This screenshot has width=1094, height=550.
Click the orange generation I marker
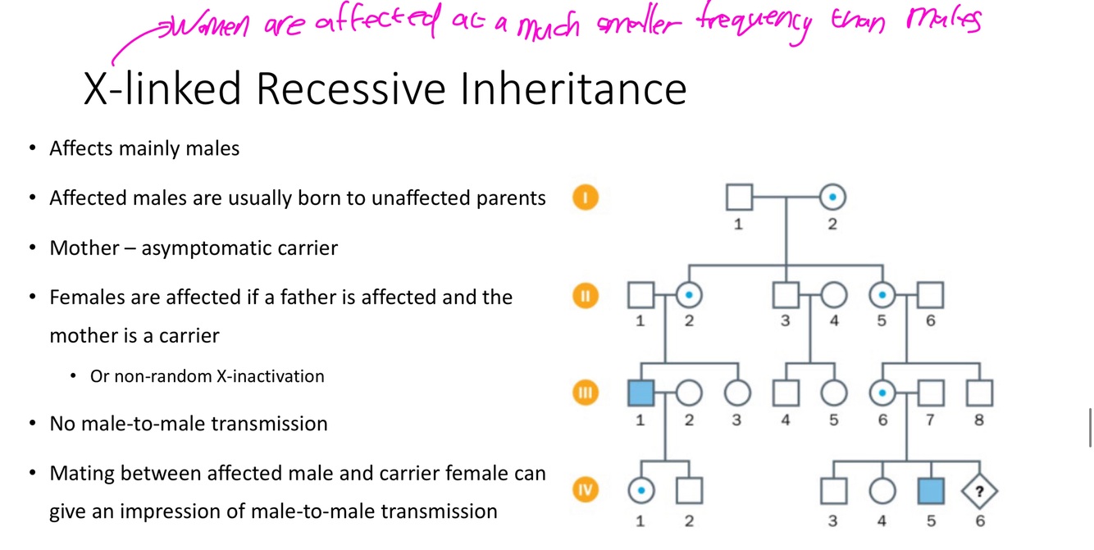click(586, 198)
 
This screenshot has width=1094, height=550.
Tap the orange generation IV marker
click(586, 490)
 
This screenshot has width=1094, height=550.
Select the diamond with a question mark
click(980, 491)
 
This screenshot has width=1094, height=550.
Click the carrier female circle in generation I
click(832, 198)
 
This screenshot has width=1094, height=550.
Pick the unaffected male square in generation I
click(739, 198)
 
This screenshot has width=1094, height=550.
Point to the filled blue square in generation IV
click(932, 491)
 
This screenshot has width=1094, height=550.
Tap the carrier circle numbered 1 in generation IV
click(641, 491)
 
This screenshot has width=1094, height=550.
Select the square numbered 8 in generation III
click(979, 393)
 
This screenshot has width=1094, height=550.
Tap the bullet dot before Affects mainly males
click(32, 149)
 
